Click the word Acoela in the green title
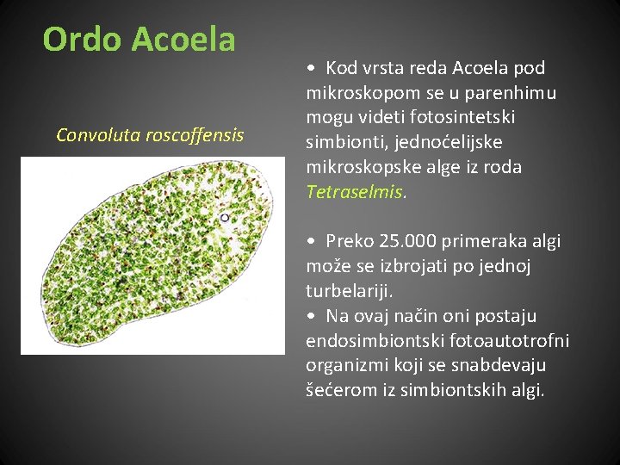[183, 40]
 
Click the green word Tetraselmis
[354, 191]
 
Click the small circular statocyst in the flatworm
[225, 218]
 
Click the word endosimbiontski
[367, 341]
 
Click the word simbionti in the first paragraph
[342, 142]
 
